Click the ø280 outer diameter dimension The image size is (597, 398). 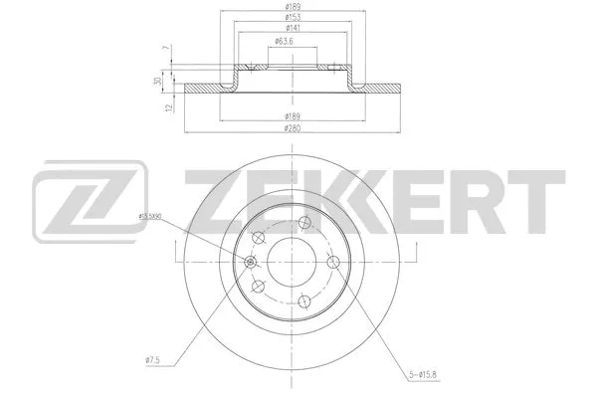tap(293, 127)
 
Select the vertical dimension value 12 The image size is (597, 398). tap(170, 106)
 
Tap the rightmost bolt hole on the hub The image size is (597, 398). tap(331, 263)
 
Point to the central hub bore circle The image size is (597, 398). tap(292, 263)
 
